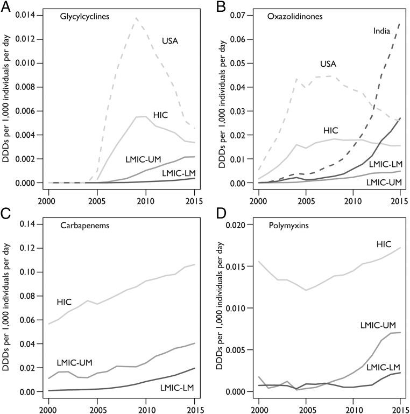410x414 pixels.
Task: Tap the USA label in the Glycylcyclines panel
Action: click(x=171, y=39)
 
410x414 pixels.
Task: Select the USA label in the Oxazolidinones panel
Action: click(x=328, y=64)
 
